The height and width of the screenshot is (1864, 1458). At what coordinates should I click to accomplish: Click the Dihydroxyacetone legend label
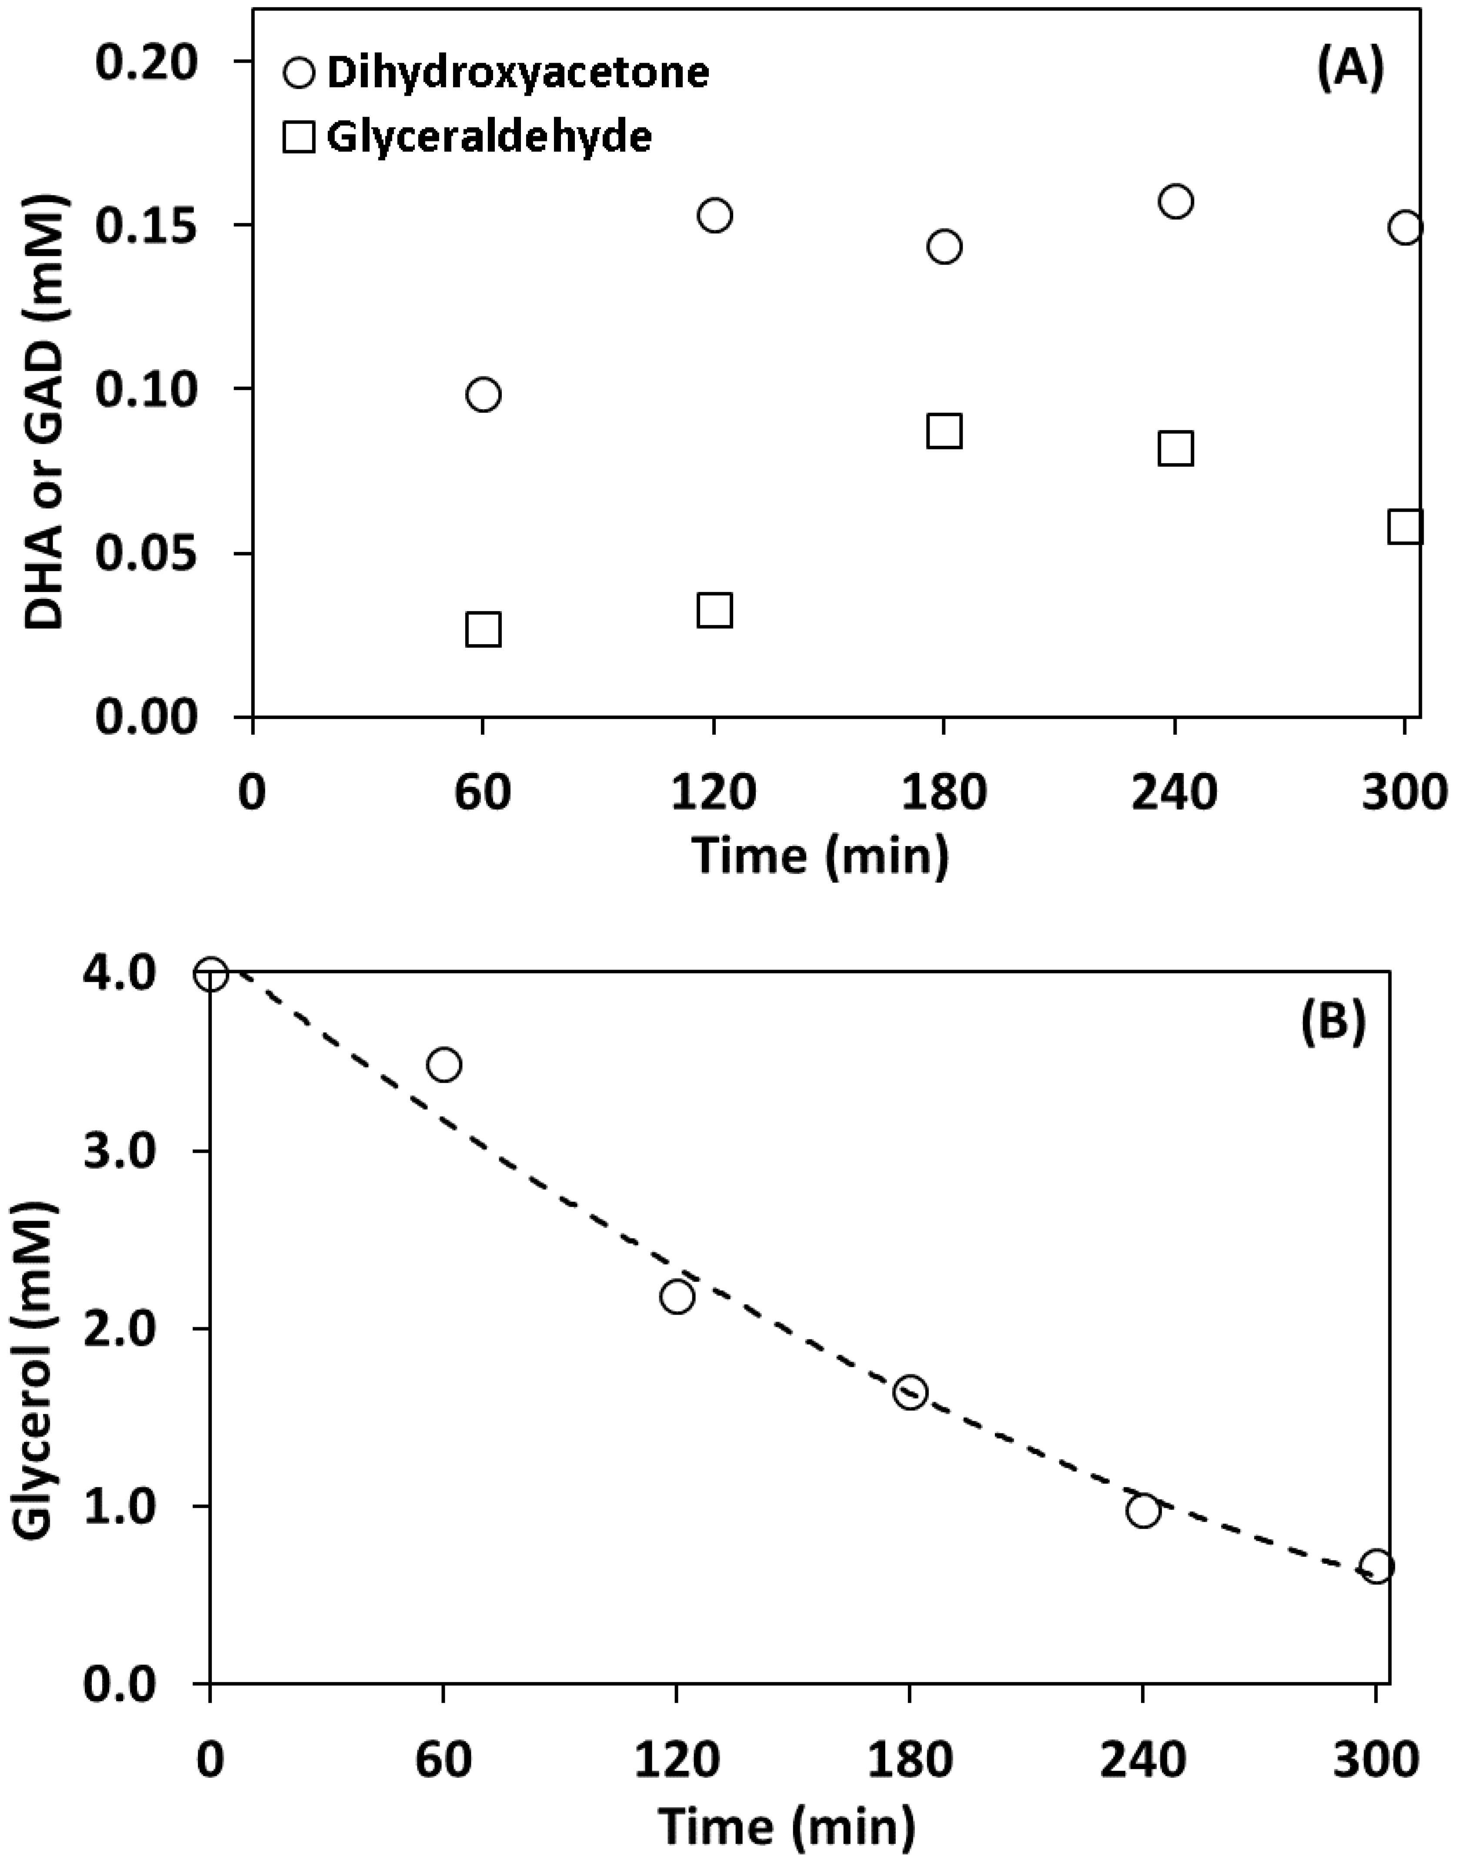[x=517, y=74]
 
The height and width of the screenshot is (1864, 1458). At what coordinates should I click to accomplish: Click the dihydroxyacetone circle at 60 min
[x=483, y=395]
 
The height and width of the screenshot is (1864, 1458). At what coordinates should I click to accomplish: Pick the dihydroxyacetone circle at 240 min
[x=1175, y=201]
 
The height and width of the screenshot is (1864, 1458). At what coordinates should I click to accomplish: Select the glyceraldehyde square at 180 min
[x=944, y=431]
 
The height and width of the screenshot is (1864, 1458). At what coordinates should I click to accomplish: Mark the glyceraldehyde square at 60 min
[x=483, y=629]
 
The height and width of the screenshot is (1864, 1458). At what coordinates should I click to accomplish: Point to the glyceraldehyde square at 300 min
[x=1405, y=527]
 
